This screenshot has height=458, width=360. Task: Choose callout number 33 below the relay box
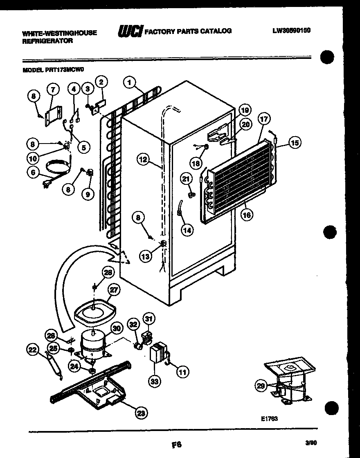coord(154,382)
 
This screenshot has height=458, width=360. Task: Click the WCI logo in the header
coord(130,31)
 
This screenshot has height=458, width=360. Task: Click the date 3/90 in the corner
coord(310,442)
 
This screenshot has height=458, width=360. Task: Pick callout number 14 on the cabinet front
coord(187,230)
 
